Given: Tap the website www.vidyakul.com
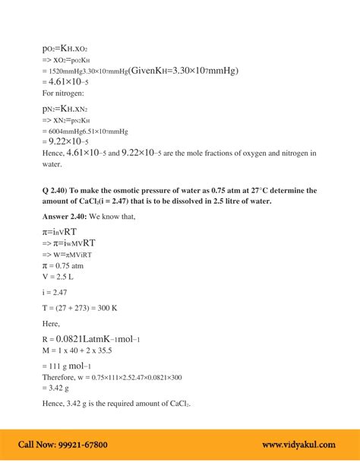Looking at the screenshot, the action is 302,445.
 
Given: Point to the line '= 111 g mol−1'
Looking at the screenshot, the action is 73,366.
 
